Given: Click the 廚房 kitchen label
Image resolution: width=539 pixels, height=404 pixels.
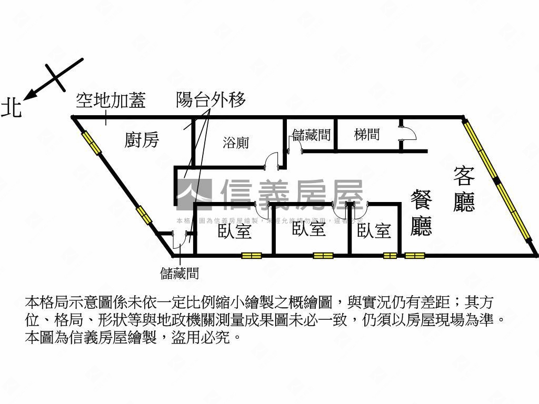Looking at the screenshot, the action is tap(142, 140).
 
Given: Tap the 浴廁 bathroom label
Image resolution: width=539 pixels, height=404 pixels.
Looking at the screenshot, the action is tap(235, 142).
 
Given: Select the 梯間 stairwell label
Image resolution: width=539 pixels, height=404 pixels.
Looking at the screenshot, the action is tap(367, 135).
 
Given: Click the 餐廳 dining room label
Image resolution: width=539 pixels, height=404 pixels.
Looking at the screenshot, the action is tap(421, 213).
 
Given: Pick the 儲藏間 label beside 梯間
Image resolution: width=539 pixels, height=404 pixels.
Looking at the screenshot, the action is tap(312, 135).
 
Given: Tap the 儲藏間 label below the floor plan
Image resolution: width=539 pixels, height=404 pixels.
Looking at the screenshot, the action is tap(179, 273).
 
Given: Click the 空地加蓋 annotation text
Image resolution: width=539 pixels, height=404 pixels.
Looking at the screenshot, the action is tap(111, 100).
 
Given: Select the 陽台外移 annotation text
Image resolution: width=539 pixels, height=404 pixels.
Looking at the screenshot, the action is tap(211, 100).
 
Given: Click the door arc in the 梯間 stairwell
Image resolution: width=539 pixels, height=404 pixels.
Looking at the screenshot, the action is tap(408, 133).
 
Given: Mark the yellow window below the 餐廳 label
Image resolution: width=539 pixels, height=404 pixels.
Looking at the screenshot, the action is tap(414, 256).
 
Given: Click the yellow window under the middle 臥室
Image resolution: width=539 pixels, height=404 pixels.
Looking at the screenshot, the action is tap(323, 256).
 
